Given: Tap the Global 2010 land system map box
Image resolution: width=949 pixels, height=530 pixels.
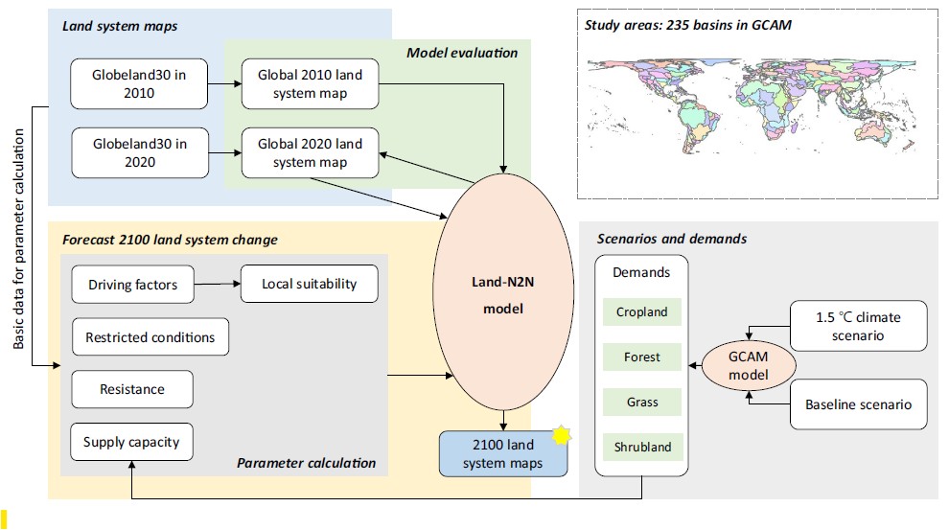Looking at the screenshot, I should click(x=309, y=82).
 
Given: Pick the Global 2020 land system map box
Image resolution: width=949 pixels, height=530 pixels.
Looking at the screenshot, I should click(x=309, y=153).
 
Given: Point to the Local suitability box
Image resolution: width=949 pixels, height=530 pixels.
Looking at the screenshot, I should click(x=309, y=284).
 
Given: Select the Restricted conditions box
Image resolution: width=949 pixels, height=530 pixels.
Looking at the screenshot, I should click(x=150, y=337).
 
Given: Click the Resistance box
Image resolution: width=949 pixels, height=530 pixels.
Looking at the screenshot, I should click(x=132, y=389).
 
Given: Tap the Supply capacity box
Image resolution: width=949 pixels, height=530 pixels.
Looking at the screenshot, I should click(x=130, y=442).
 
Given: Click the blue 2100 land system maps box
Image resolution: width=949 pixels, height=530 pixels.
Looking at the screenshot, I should click(x=503, y=454).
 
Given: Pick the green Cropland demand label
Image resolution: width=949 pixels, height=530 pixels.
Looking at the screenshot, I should click(x=642, y=312).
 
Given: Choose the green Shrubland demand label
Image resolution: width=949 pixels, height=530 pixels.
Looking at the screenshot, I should click(x=642, y=447).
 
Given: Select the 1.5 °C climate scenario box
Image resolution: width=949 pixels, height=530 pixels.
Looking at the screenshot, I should click(x=858, y=326).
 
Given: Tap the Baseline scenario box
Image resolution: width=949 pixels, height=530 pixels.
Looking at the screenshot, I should click(x=858, y=404).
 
